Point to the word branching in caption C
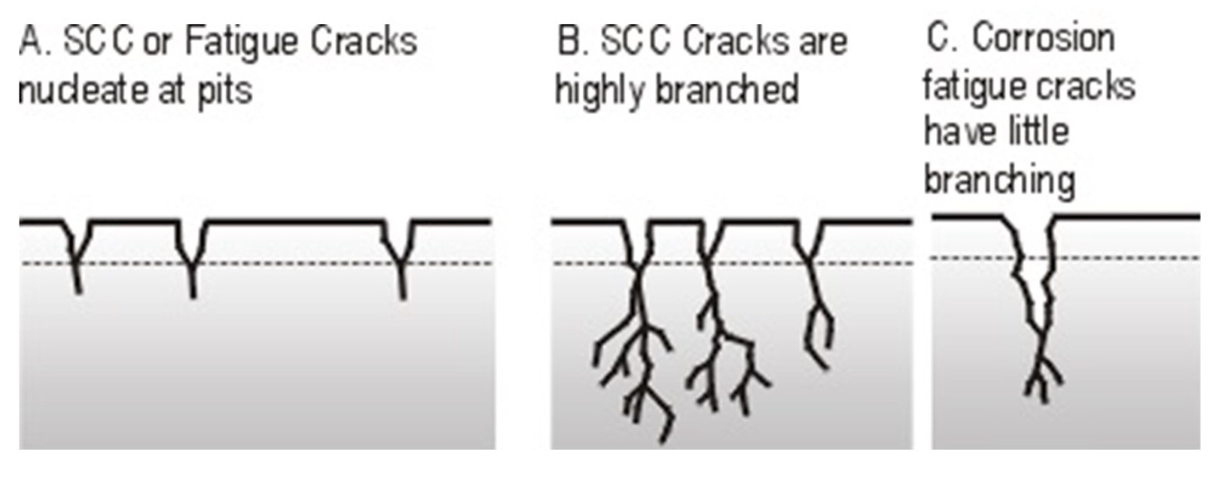[999, 180]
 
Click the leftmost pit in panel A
[77, 250]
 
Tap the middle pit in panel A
[192, 254]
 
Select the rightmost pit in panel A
[401, 254]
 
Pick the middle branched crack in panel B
[723, 336]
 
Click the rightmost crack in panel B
[816, 312]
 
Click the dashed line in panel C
[1133, 258]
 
